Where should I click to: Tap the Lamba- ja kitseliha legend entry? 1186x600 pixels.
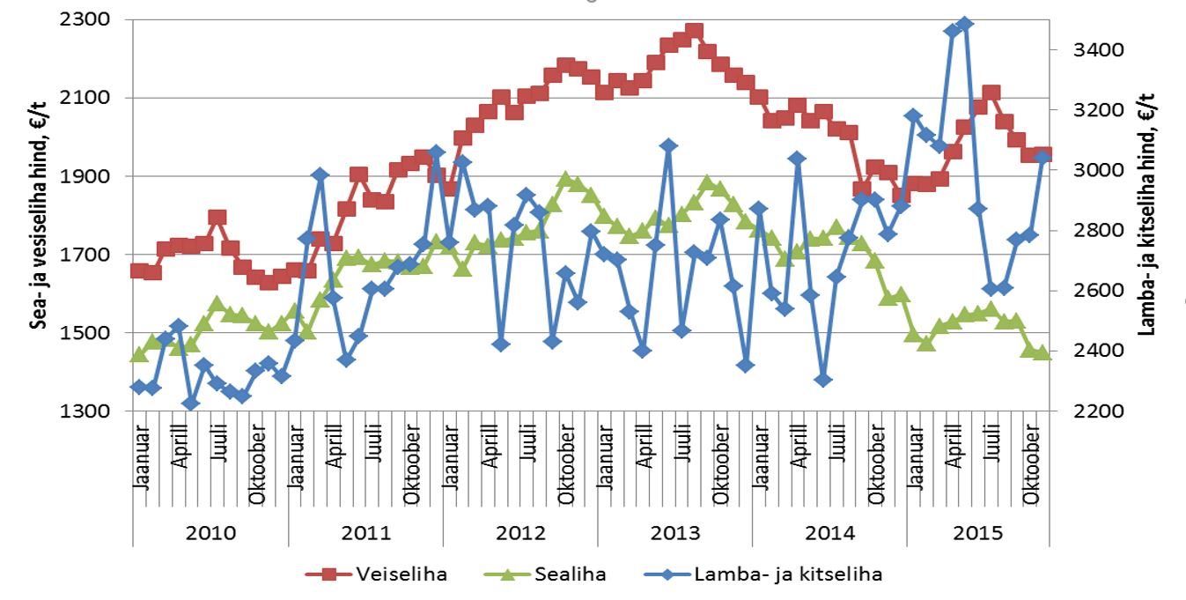click(x=786, y=574)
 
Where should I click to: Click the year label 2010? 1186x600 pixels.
click(x=210, y=533)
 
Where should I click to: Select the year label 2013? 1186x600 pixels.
click(x=674, y=533)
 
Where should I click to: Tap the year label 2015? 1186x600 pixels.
click(x=977, y=533)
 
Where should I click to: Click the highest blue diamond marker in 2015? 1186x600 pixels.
click(x=965, y=24)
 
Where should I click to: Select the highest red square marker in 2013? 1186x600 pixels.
click(x=694, y=32)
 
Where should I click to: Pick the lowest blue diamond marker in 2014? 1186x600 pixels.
click(x=823, y=380)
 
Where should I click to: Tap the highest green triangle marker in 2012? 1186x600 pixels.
click(x=565, y=180)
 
